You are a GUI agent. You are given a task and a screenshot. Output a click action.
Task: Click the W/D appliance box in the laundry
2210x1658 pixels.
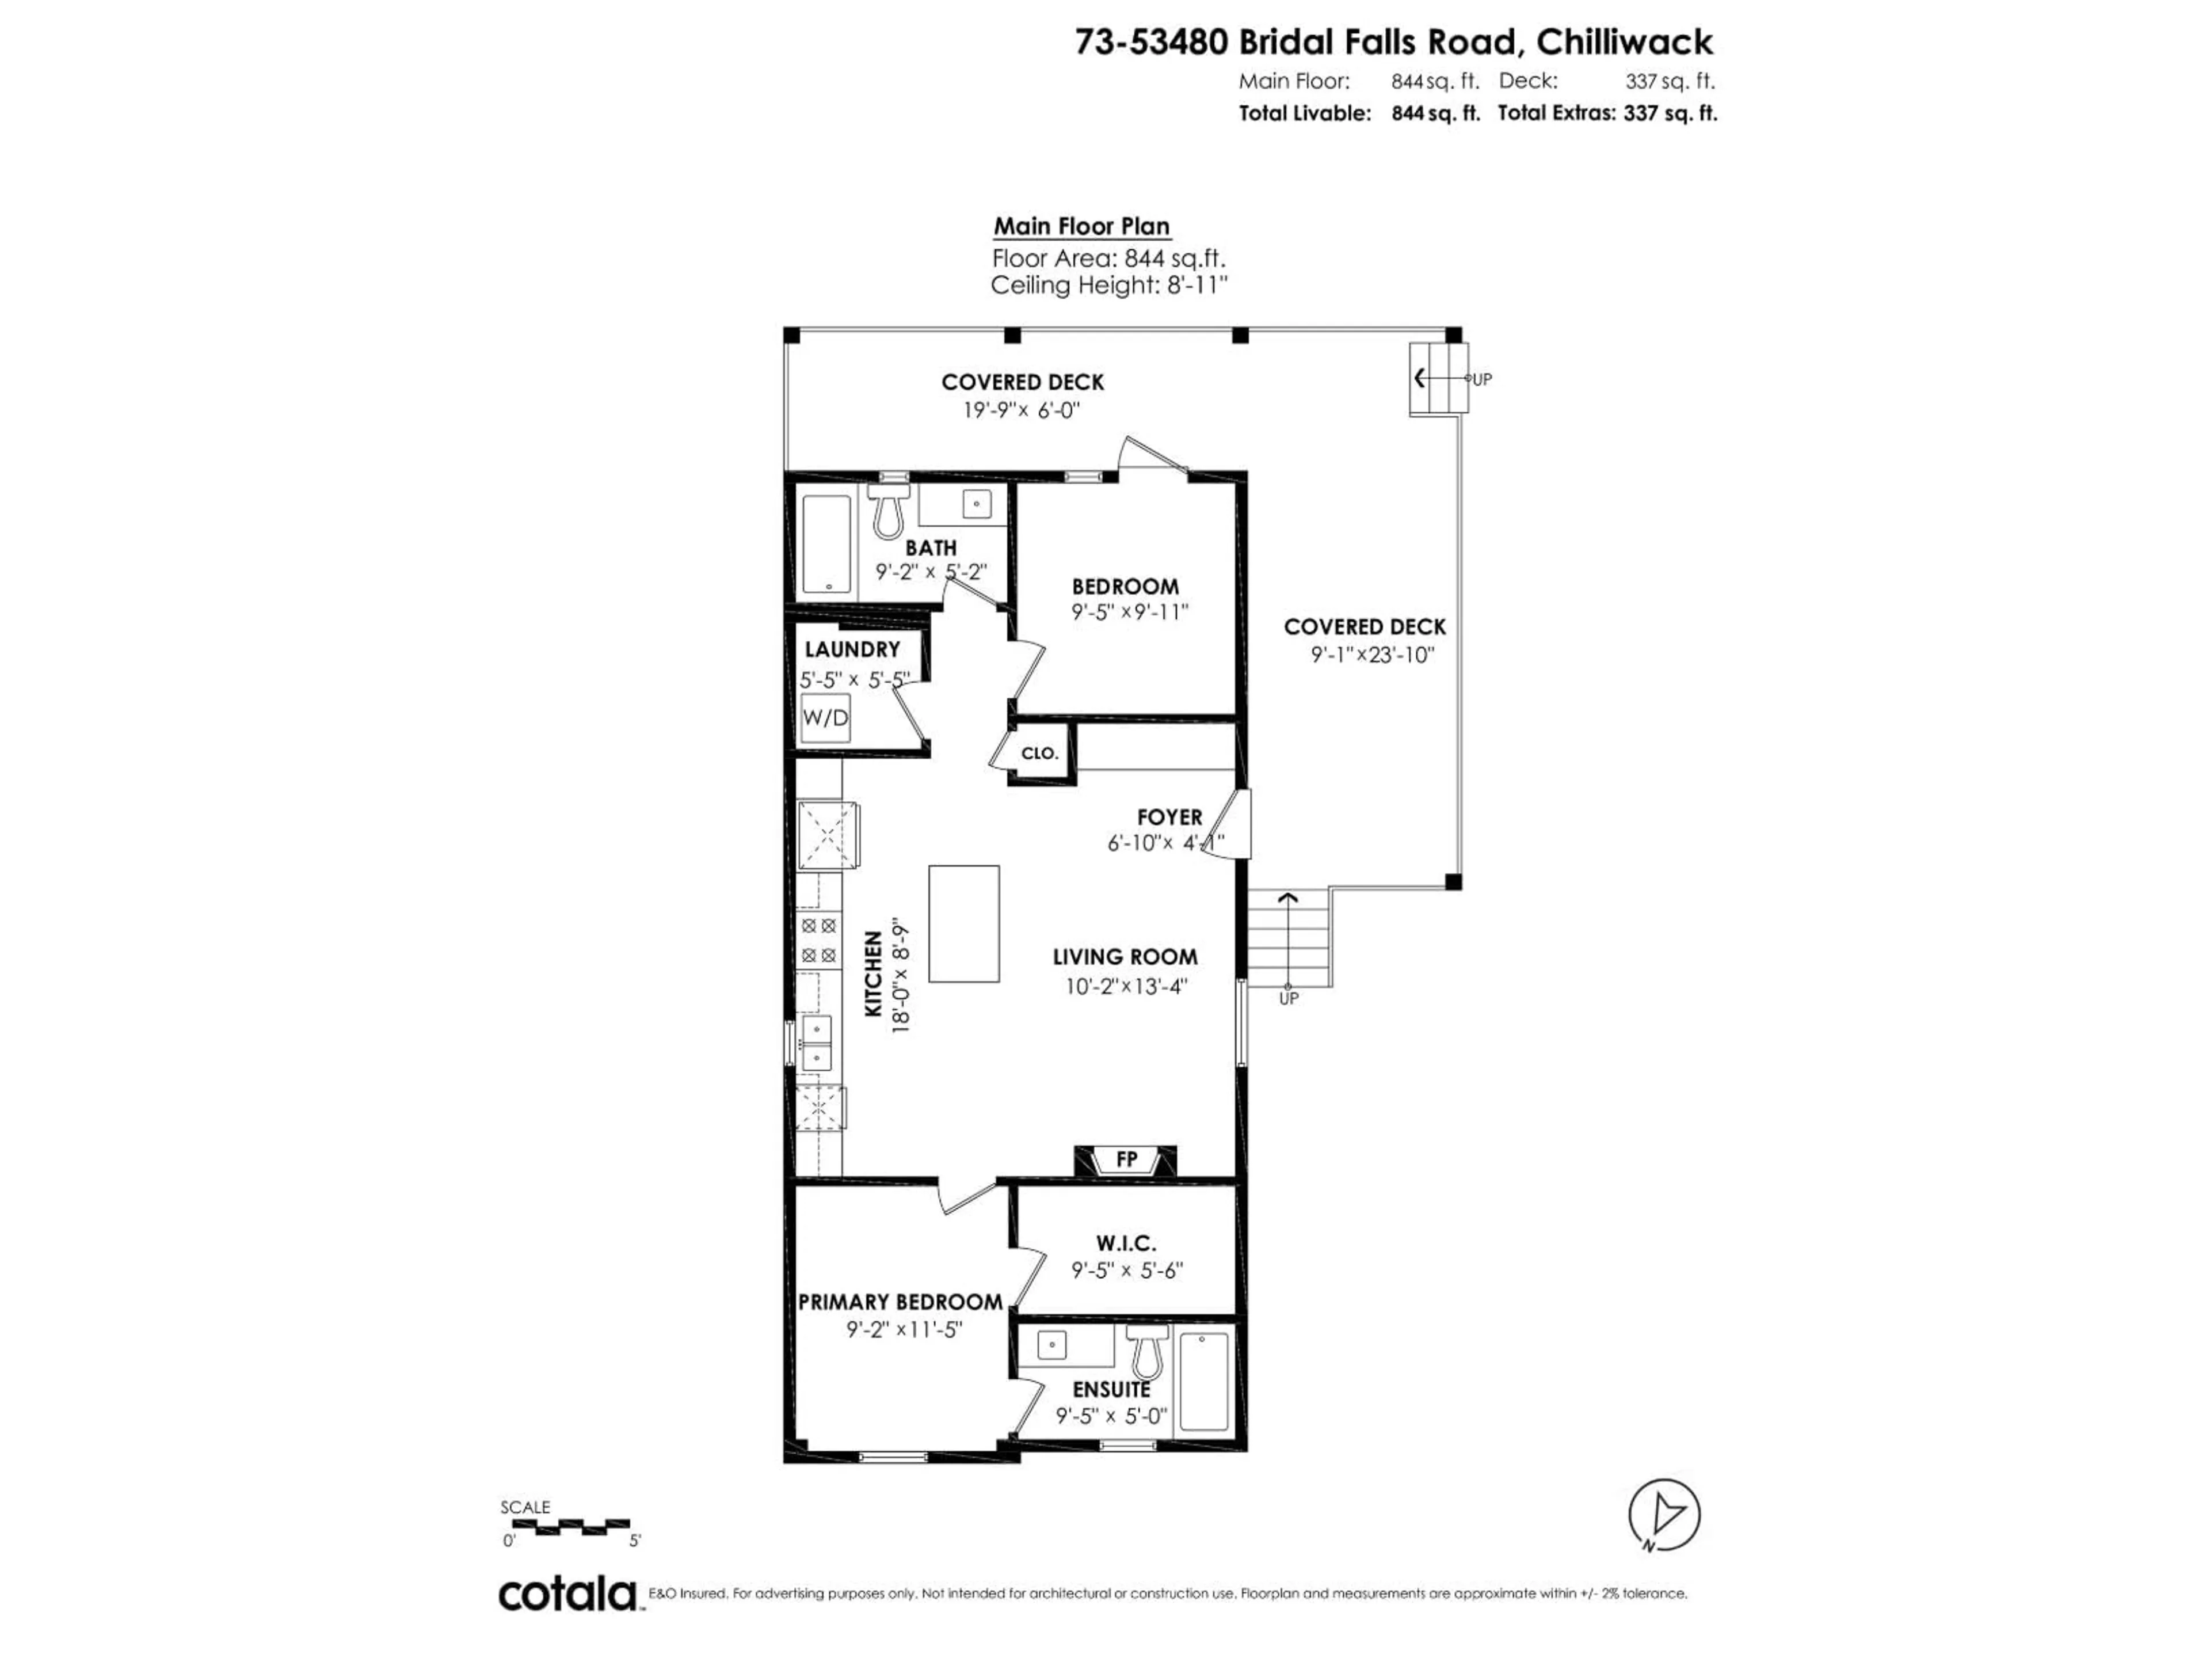(825, 717)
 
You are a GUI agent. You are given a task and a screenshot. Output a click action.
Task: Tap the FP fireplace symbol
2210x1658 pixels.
(1126, 1159)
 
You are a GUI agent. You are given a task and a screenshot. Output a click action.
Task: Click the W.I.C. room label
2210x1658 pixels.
(1126, 1243)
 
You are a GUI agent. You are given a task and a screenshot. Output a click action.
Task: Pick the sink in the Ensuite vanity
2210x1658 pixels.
(1051, 1345)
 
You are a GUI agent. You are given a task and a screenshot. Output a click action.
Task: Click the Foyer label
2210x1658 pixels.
(1170, 817)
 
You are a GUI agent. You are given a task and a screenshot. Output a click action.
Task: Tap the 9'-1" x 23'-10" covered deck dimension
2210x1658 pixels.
(1373, 656)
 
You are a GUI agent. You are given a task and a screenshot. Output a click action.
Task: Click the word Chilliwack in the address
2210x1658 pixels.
(1625, 42)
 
